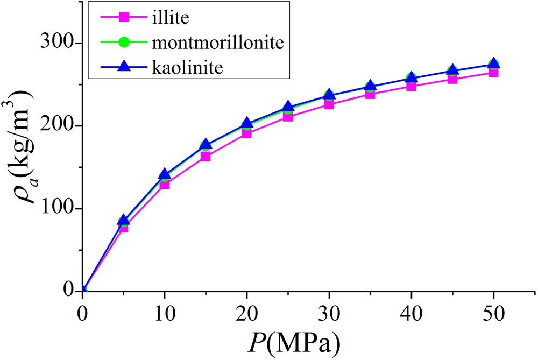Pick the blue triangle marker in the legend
[124, 67]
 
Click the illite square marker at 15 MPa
[206, 157]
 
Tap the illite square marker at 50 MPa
[493, 72]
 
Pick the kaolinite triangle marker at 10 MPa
[165, 174]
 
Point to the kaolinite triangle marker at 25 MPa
[288, 107]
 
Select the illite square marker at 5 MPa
[123, 227]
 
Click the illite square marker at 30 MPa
[329, 104]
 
